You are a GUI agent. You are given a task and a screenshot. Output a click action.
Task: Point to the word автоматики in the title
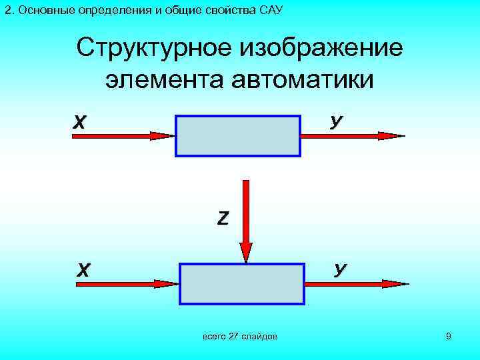click(301, 79)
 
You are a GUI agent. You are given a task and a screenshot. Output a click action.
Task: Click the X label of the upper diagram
click(79, 123)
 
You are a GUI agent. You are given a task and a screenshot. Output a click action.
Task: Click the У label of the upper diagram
click(337, 122)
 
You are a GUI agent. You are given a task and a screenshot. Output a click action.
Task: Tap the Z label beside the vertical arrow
click(223, 217)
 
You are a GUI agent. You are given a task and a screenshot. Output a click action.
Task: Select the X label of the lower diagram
click(83, 270)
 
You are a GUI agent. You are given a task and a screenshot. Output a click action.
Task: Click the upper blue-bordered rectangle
click(238, 136)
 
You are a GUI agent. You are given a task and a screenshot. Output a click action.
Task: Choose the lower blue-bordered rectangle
click(241, 283)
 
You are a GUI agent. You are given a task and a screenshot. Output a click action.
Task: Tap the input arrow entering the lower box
click(127, 283)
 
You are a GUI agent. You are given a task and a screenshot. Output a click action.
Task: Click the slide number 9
click(449, 337)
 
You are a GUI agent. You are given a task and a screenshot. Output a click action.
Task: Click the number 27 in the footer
click(233, 337)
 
